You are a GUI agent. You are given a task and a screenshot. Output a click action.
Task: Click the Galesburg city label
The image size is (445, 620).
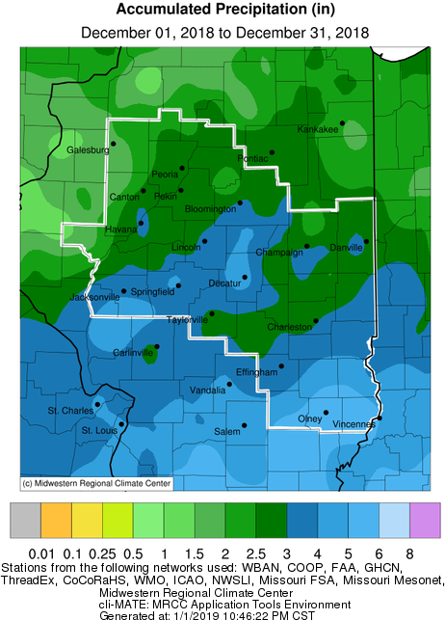pyautogui.click(x=87, y=150)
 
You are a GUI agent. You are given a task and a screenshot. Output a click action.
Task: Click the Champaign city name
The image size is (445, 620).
pyautogui.click(x=279, y=253)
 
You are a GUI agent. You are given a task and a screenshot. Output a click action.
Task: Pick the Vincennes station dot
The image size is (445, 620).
pyautogui.click(x=380, y=418)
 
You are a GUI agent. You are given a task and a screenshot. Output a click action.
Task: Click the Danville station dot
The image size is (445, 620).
pyautogui.click(x=366, y=241)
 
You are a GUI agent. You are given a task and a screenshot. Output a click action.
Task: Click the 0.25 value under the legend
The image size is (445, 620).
pyautogui.click(x=102, y=553)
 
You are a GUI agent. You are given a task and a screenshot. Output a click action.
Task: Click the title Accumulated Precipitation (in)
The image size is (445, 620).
pyautogui.click(x=222, y=11)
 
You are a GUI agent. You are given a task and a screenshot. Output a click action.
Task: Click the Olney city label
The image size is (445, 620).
pyautogui.click(x=309, y=418)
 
